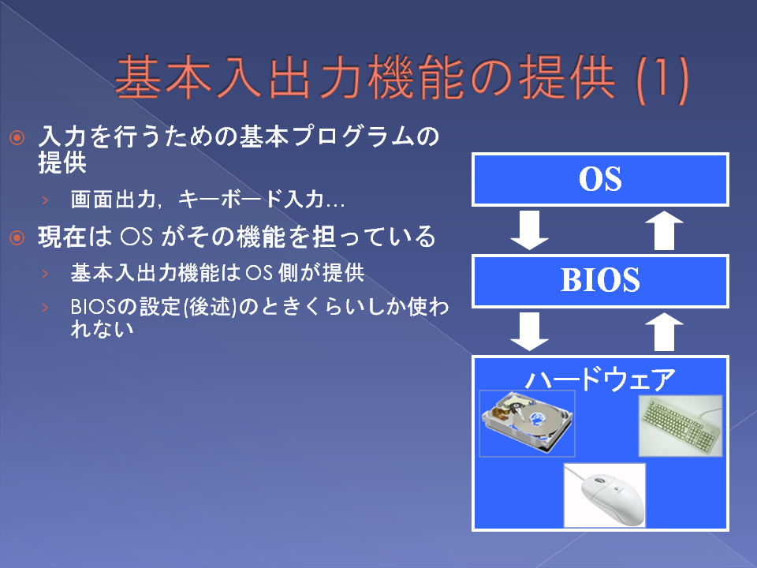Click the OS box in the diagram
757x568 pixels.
[x=600, y=180]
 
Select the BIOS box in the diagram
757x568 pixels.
[x=600, y=281]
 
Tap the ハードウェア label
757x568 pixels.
[x=600, y=379]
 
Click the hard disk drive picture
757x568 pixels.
[x=527, y=423]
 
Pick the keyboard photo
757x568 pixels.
[x=681, y=425]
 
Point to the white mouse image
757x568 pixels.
[x=605, y=495]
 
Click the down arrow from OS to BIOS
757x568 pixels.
[x=530, y=230]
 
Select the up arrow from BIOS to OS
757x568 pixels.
[x=665, y=230]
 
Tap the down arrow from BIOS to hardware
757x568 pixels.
[x=530, y=331]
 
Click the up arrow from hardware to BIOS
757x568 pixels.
[x=665, y=331]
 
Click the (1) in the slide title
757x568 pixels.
[x=662, y=80]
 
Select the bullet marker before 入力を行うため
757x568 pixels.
[x=17, y=138]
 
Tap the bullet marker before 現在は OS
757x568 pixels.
[x=17, y=237]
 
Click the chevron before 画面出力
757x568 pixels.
[x=46, y=200]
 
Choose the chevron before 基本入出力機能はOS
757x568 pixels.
[x=46, y=274]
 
